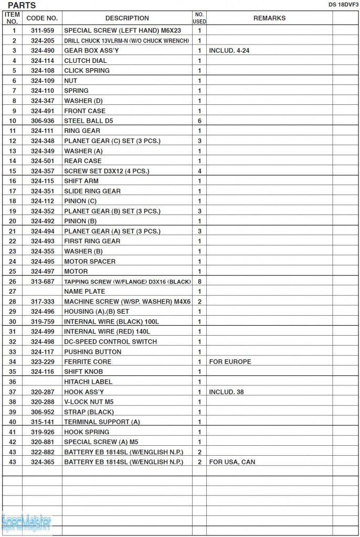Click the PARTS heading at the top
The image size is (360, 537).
(22, 6)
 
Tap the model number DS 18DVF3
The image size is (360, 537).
(340, 4)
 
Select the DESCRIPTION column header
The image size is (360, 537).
(127, 18)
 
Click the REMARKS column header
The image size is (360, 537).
(269, 18)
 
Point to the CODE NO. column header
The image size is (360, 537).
(42, 18)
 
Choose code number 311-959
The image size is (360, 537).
(42, 30)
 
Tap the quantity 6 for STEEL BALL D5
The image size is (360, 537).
(199, 121)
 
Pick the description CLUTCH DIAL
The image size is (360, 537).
(86, 60)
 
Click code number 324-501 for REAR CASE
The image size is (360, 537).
(42, 160)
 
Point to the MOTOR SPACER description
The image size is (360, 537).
(90, 261)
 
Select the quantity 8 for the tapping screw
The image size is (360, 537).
(199, 281)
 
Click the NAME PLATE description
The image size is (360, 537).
(84, 291)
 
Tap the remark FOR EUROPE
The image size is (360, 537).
(230, 361)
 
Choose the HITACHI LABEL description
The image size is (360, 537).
(88, 382)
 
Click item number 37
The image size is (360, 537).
(12, 392)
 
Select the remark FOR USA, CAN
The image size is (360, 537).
(232, 462)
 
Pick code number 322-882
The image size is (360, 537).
(42, 452)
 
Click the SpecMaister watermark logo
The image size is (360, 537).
(26, 522)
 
